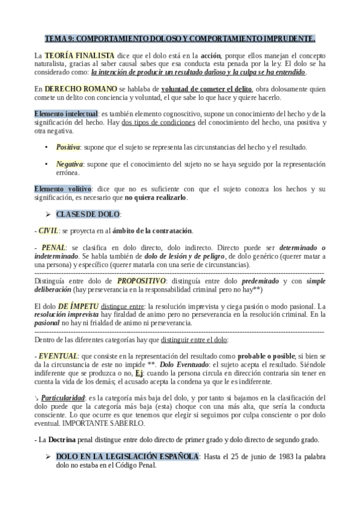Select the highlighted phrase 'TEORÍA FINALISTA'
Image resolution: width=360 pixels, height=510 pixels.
72,55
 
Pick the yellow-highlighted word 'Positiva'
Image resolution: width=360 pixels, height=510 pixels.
68,147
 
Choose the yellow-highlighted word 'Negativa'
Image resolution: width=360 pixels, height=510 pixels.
69,164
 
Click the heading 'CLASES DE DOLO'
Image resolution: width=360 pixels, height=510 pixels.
88,214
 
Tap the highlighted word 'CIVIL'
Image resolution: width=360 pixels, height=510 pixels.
49,230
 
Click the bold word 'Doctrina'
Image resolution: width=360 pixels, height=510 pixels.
62,440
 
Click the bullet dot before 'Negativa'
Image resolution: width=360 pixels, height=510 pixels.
47,164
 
